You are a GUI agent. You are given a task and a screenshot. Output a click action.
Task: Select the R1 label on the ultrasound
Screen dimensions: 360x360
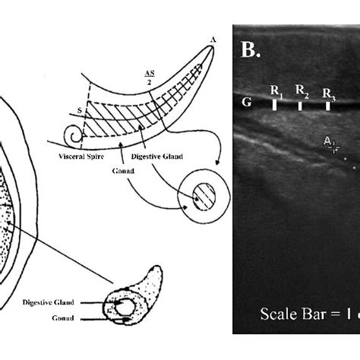tap(276, 92)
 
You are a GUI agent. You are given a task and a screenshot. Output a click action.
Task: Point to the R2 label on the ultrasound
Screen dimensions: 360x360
tap(302, 92)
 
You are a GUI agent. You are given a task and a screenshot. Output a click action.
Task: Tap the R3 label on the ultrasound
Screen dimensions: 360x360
tap(328, 93)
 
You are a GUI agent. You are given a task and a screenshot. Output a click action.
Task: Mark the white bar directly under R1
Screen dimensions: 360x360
tap(274, 106)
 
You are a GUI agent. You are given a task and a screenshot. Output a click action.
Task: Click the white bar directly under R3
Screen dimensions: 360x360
tap(327, 106)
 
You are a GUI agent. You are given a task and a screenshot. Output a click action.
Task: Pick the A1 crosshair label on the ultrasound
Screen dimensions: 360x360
tap(328, 142)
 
